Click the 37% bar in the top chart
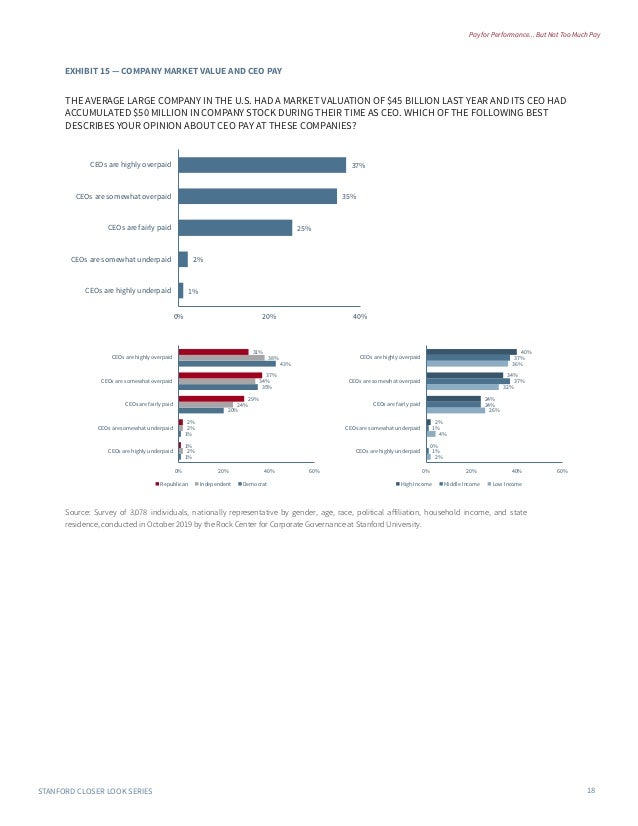(262, 165)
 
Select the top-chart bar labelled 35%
(257, 196)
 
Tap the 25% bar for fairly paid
(235, 227)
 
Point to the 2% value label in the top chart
(198, 259)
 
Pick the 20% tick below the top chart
(269, 317)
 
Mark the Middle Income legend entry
(460, 484)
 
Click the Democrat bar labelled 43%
(227, 363)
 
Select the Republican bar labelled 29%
(211, 399)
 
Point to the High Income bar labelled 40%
(471, 351)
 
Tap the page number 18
(591, 791)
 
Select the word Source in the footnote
(77, 512)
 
